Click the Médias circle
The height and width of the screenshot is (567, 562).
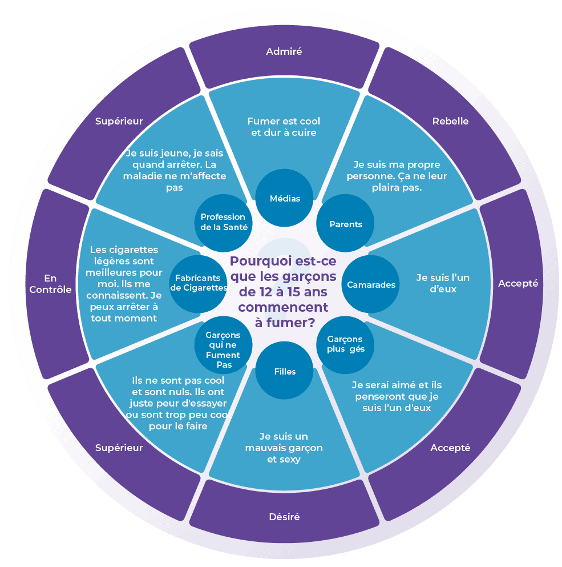[x=284, y=198]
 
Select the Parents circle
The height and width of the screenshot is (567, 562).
[x=346, y=224]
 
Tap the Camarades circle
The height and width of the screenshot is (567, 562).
[x=371, y=284]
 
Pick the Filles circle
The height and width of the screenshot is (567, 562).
[x=284, y=372]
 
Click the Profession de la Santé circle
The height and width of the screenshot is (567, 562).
[x=223, y=222]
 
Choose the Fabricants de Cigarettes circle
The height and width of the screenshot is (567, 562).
[x=198, y=283]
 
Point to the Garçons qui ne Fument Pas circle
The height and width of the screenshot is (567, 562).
[x=223, y=345]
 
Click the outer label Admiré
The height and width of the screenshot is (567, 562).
[x=284, y=51]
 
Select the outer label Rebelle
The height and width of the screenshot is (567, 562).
[x=450, y=121]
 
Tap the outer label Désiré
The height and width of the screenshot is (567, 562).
[x=284, y=517]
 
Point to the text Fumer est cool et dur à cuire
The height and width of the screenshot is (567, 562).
[x=284, y=127]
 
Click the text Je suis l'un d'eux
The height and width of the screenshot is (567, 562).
[x=443, y=283]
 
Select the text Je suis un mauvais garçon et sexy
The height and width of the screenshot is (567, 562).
[x=284, y=448]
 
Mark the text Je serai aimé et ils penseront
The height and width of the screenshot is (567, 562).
[x=396, y=396]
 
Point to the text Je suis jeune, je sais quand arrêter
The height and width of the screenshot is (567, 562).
[x=175, y=170]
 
